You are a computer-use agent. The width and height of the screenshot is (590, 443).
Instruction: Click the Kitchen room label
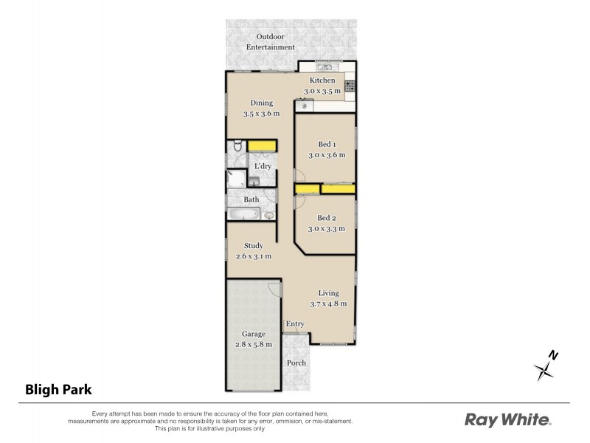pyautogui.click(x=322, y=80)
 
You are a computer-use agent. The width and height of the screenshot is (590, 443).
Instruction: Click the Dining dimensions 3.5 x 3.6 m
pyautogui.click(x=262, y=114)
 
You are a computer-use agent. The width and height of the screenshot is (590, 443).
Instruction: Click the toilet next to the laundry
pyautogui.click(x=236, y=148)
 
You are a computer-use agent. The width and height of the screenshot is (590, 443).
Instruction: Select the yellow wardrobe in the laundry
pyautogui.click(x=261, y=146)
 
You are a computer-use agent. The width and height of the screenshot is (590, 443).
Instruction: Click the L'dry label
pyautogui.click(x=263, y=166)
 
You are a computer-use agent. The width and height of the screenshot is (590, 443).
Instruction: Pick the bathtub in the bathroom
pyautogui.click(x=243, y=214)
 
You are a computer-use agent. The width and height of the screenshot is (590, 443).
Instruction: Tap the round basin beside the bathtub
pyautogui.click(x=268, y=216)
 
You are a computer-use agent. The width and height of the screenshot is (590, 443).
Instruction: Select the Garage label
pyautogui.click(x=253, y=334)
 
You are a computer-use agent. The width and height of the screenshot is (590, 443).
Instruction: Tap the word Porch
pyautogui.click(x=296, y=362)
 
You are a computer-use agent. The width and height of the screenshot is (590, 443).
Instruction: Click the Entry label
pyautogui.click(x=295, y=323)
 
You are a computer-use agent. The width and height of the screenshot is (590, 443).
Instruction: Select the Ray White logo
pyautogui.click(x=507, y=420)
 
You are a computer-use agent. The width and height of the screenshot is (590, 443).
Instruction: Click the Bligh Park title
pyautogui.click(x=58, y=388)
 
